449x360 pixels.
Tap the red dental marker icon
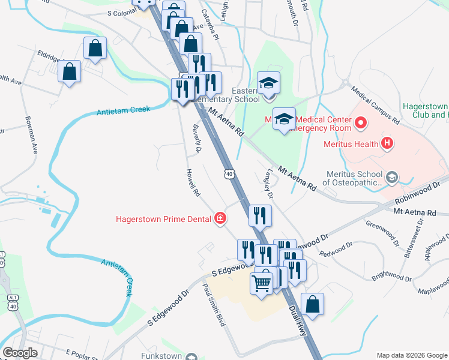coord(220,218)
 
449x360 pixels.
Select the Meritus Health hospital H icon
coord(387,143)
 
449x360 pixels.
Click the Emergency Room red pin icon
coord(361,124)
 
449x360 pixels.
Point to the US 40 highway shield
coord(229,174)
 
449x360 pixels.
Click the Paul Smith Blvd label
coord(214,304)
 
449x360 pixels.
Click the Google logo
coord(20,353)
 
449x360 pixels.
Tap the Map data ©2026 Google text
coord(411,355)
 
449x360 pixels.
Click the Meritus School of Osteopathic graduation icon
coord(392,177)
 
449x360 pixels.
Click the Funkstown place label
coord(161,356)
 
